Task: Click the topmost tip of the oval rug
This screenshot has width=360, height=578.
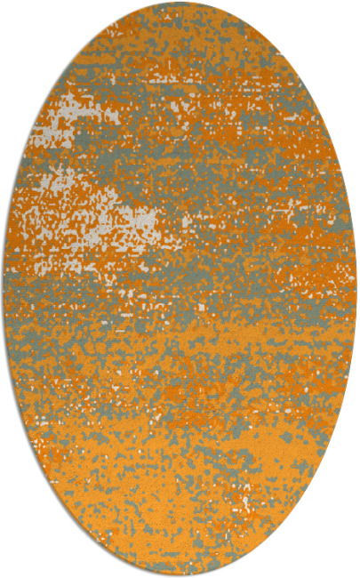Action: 180,3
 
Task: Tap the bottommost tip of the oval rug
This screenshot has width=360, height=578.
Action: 180,575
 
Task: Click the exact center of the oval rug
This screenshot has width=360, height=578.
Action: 180,289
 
